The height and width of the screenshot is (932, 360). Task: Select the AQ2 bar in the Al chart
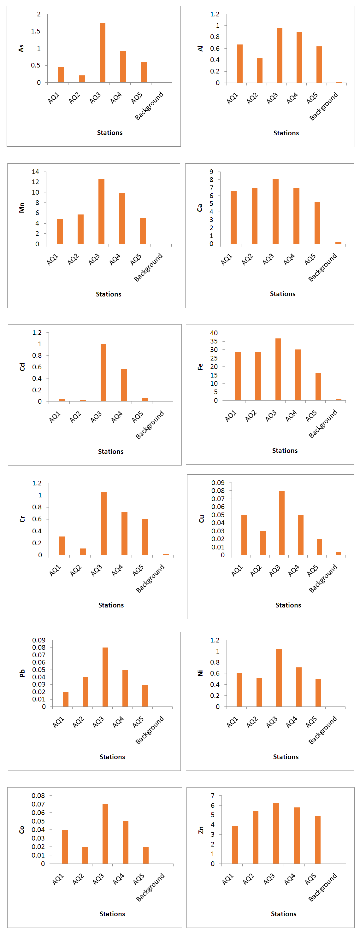[259, 71]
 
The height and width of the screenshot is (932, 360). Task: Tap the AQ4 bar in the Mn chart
[122, 219]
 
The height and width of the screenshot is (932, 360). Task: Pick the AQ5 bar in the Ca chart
[317, 223]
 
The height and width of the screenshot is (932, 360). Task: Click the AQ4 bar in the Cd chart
[124, 385]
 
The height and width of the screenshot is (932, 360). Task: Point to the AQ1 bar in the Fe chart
[238, 376]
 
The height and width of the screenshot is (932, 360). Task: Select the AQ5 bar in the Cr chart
[145, 537]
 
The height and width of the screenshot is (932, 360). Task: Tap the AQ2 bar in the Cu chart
[263, 543]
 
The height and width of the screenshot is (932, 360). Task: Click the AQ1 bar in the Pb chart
[66, 699]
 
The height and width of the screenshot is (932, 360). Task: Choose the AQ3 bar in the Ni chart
[279, 678]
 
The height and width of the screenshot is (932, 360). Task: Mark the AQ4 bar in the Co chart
[126, 842]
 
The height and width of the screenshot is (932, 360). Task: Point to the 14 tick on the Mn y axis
[35, 172]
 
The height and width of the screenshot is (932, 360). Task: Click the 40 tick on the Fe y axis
[214, 333]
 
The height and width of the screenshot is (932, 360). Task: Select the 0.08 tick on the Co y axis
[38, 796]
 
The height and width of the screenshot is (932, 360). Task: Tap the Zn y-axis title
[201, 830]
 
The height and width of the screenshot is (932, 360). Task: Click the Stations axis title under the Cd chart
[111, 452]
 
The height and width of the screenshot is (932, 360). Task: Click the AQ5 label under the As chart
[136, 98]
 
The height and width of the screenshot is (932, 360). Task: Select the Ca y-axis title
[199, 208]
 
